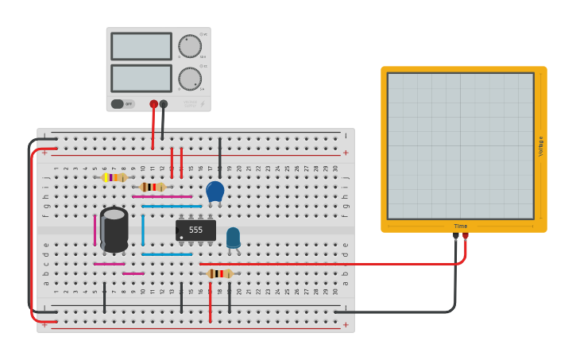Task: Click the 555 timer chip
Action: [x=195, y=230]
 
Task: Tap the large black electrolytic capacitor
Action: [x=114, y=230]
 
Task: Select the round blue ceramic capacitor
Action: [x=215, y=191]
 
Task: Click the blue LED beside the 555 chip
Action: [x=233, y=238]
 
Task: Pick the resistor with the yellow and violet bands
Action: [x=114, y=178]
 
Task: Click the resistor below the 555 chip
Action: [x=219, y=273]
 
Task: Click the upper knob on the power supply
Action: [x=190, y=46]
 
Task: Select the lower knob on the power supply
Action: [x=190, y=79]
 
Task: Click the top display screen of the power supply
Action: [x=141, y=46]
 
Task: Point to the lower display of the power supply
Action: [x=141, y=78]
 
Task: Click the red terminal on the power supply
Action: [x=153, y=104]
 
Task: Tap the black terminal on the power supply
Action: [x=164, y=104]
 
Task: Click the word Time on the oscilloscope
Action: [x=461, y=226]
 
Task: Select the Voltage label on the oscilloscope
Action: [x=541, y=145]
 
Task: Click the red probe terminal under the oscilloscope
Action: [x=466, y=236]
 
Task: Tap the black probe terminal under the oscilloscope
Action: [x=456, y=236]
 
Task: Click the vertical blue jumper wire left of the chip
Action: [x=143, y=230]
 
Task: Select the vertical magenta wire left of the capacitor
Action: [x=95, y=230]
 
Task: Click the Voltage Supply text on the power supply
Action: [x=191, y=103]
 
